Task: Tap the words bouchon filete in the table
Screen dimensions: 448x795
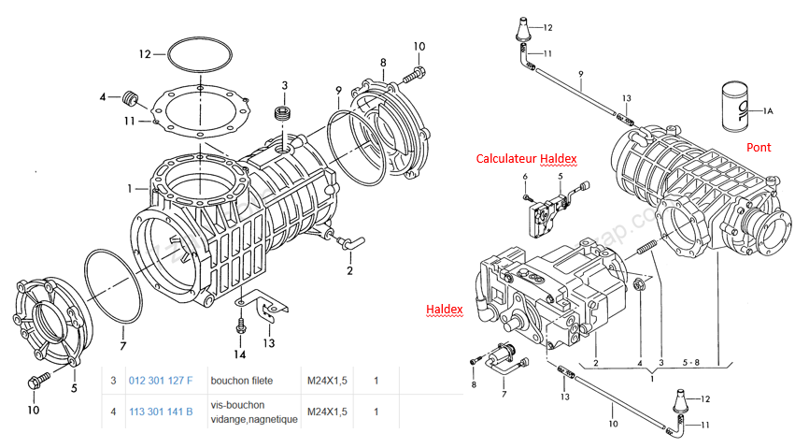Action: coord(243,382)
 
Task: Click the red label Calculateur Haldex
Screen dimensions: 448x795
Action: coord(527,158)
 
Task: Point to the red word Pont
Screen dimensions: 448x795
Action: coord(759,148)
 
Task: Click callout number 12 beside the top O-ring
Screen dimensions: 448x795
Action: coord(145,54)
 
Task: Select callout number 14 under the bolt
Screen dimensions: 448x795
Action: coord(240,354)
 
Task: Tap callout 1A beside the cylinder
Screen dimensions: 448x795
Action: coord(768,110)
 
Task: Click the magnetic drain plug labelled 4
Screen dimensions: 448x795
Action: coord(130,96)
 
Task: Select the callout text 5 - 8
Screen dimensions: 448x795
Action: coord(691,362)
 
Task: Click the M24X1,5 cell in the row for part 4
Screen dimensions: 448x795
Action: coord(328,412)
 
